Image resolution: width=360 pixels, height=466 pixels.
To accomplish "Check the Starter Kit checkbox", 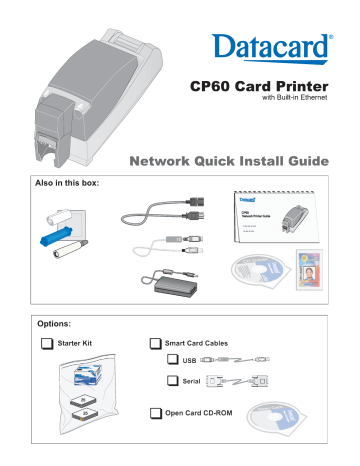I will point(47,343).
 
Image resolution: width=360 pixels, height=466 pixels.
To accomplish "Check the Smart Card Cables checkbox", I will point(155,343).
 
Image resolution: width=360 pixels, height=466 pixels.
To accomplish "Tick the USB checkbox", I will point(174,360).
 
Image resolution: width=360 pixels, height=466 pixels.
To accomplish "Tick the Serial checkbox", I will point(174,381).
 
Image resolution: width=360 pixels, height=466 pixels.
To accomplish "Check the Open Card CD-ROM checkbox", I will point(155,413).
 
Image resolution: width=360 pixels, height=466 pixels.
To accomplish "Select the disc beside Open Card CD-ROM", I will point(282,421).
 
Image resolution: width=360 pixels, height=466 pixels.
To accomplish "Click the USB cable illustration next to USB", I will point(236,360).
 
